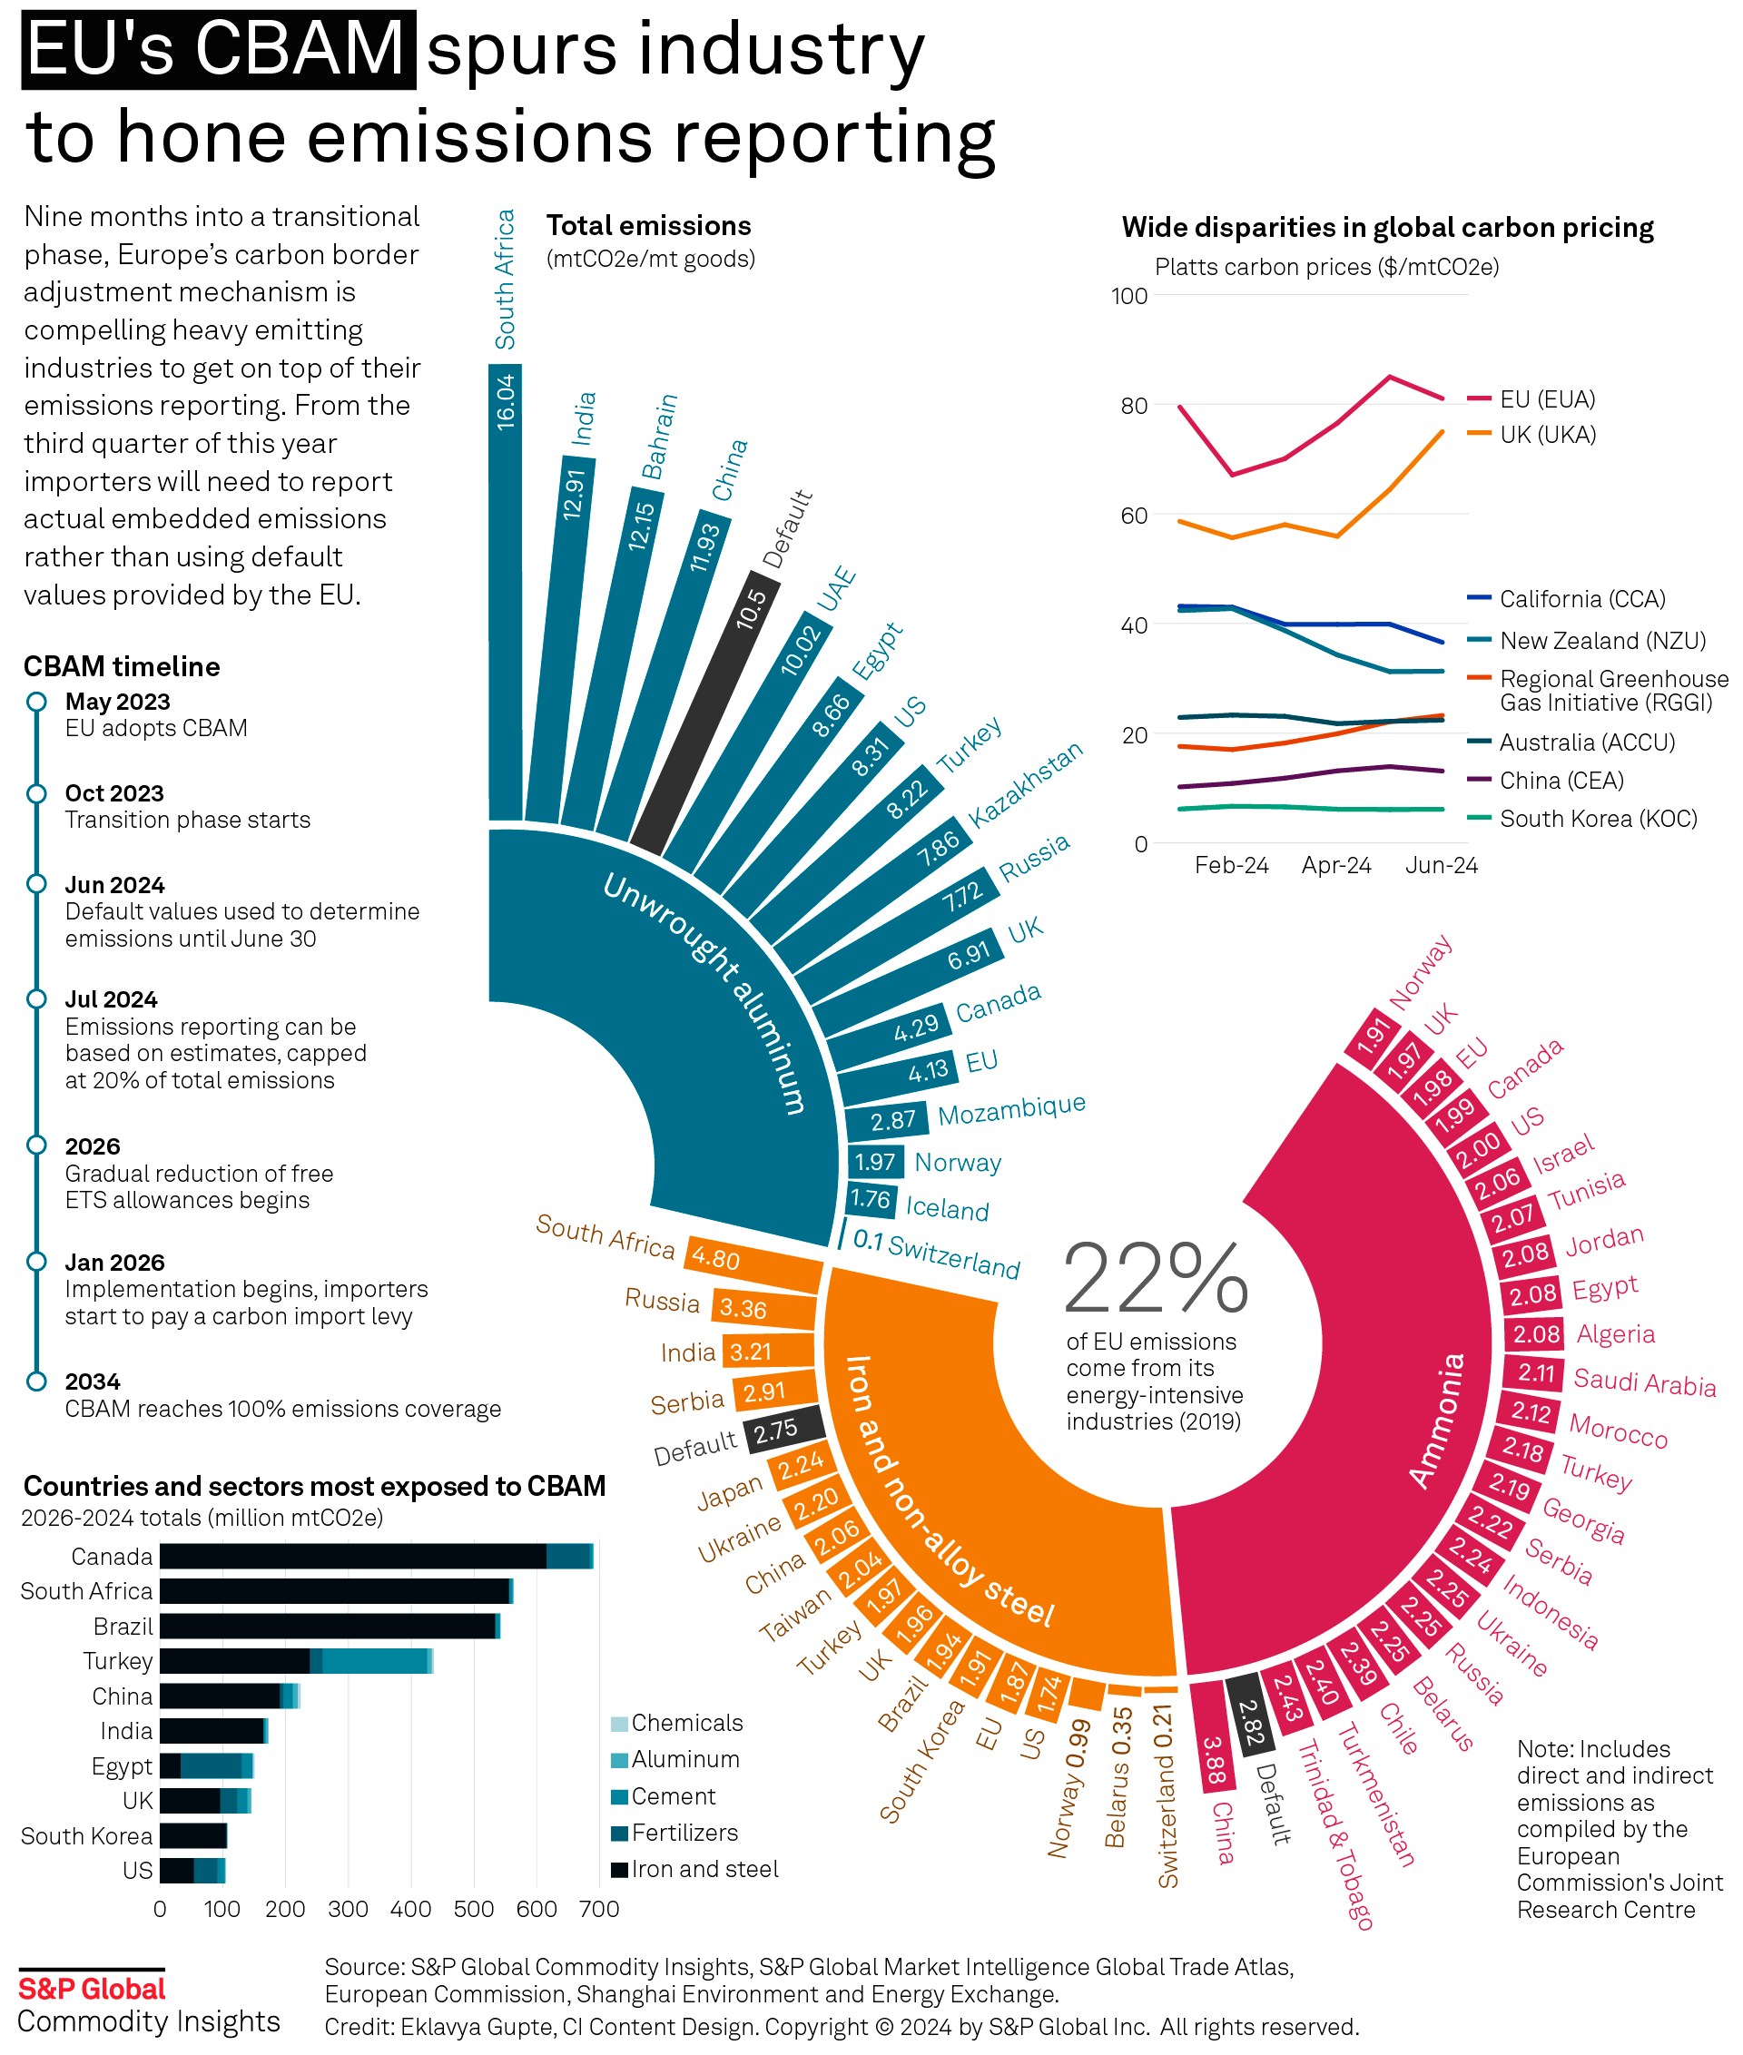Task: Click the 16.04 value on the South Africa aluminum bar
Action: coord(505,400)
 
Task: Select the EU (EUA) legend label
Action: coord(1547,399)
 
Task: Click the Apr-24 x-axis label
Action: coord(1336,865)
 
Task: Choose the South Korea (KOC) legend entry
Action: coord(1598,819)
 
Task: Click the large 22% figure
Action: coord(1155,1280)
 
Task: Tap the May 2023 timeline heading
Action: coord(118,702)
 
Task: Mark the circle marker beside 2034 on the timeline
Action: coord(36,1381)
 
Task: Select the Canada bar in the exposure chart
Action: coord(376,1556)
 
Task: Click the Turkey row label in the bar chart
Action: coord(118,1661)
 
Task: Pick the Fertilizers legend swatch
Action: coord(619,1833)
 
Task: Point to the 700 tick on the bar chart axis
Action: coord(599,1909)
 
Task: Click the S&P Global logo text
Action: coord(92,1989)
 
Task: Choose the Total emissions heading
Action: coord(648,226)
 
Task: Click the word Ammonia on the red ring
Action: coord(1438,1421)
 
